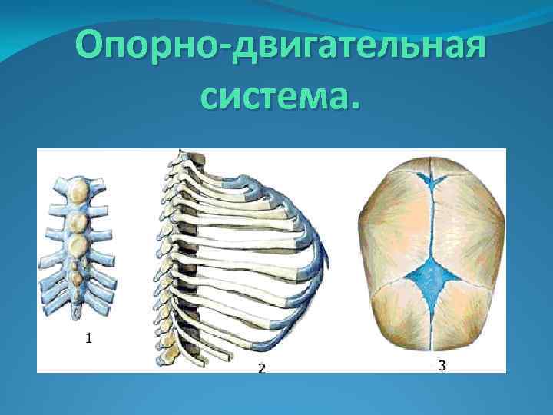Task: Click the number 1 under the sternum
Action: pyautogui.click(x=89, y=337)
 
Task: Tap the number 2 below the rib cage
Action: pyautogui.click(x=261, y=368)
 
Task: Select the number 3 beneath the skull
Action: pyautogui.click(x=442, y=366)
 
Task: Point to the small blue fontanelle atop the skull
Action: pyautogui.click(x=435, y=179)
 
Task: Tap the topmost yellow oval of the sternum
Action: pyautogui.click(x=78, y=188)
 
